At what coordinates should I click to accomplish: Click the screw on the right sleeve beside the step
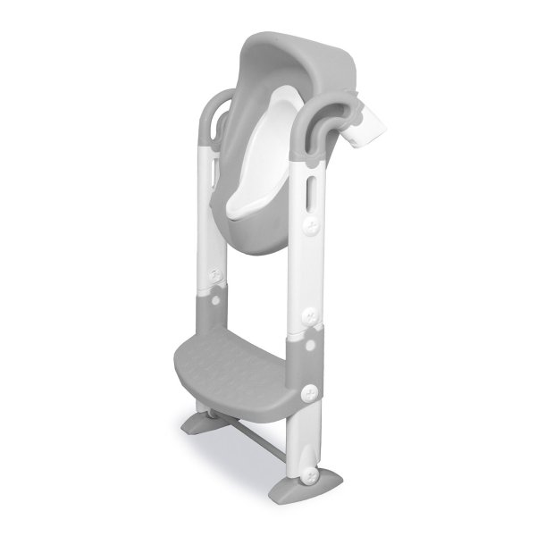312,390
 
